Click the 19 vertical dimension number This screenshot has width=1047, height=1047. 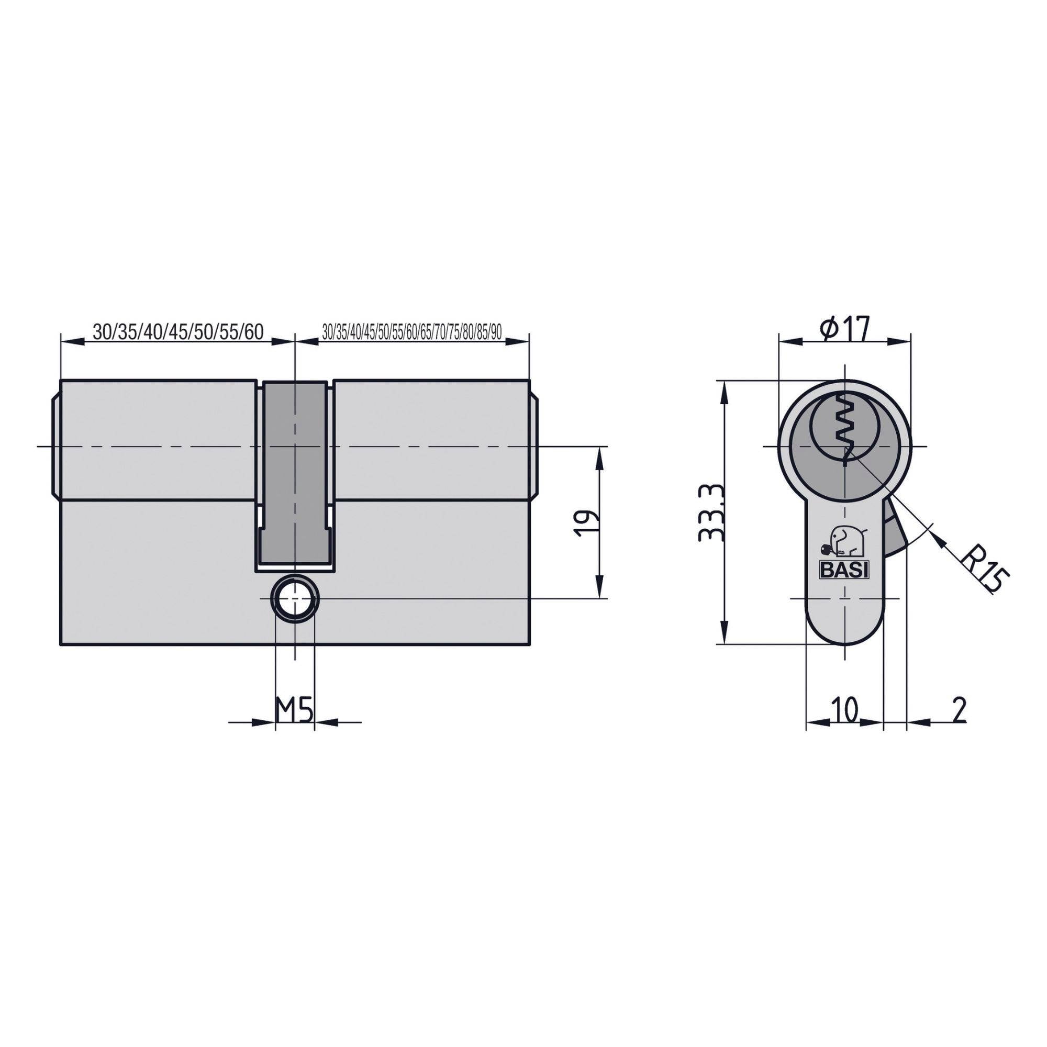[586, 522]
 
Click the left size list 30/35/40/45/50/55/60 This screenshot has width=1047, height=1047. [178, 332]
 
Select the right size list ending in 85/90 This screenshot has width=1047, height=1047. [411, 332]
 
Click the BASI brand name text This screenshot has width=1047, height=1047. [844, 571]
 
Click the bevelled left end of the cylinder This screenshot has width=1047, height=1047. [55, 445]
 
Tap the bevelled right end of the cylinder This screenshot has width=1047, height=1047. [534, 445]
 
